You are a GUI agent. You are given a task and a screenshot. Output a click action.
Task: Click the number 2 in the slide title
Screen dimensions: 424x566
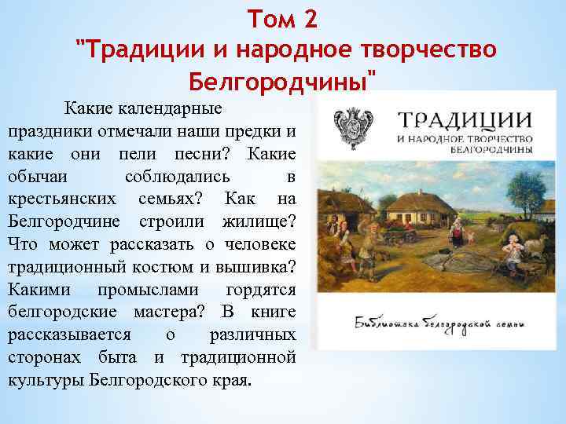pos(309,16)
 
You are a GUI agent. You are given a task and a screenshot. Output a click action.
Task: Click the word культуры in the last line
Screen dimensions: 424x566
pos(46,381)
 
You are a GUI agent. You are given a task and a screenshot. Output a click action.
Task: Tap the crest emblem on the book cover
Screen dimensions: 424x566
pos(349,126)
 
